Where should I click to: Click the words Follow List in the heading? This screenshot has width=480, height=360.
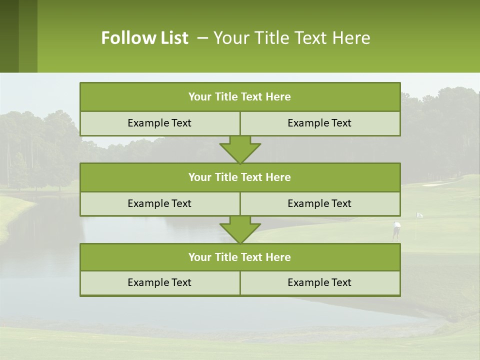tap(144, 38)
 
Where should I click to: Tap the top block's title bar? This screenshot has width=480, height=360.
tap(240, 97)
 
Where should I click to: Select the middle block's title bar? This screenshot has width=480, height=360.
tap(240, 177)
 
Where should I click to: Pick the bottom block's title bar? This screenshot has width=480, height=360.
tap(240, 257)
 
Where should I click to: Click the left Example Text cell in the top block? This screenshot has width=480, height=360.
tap(159, 123)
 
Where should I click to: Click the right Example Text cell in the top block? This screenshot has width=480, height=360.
tap(319, 123)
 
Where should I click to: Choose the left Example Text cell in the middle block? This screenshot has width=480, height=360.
tap(159, 203)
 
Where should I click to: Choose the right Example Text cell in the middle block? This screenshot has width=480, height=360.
tap(319, 203)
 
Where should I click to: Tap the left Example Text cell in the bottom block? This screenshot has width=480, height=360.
tap(159, 282)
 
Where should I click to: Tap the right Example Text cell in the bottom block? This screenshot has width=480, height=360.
tap(319, 282)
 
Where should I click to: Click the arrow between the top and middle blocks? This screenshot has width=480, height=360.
tap(240, 149)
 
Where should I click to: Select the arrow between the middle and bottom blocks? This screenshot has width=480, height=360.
tap(240, 230)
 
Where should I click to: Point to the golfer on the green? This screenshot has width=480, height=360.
tap(396, 230)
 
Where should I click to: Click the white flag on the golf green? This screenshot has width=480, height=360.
tap(419, 215)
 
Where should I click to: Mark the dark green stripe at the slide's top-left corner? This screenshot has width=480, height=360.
tap(9, 36)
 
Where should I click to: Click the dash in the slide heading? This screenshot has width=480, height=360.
tap(202, 38)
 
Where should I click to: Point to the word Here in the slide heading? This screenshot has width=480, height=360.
tap(352, 38)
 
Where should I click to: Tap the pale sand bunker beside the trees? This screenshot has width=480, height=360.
tap(438, 183)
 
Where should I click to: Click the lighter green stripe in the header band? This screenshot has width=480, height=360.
tap(28, 36)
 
